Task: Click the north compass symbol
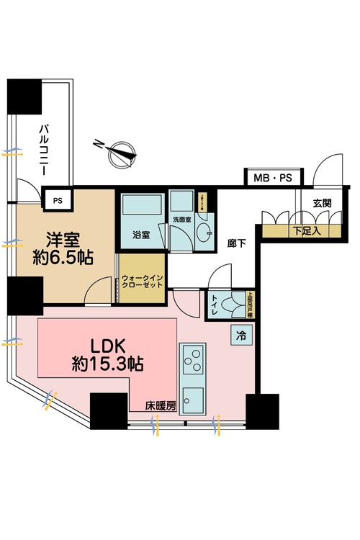click(x=119, y=152)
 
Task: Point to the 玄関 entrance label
click(x=322, y=202)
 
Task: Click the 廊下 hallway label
click(x=237, y=243)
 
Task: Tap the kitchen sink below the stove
click(x=193, y=399)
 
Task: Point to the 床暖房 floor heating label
click(x=163, y=406)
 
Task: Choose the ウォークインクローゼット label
click(x=143, y=280)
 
